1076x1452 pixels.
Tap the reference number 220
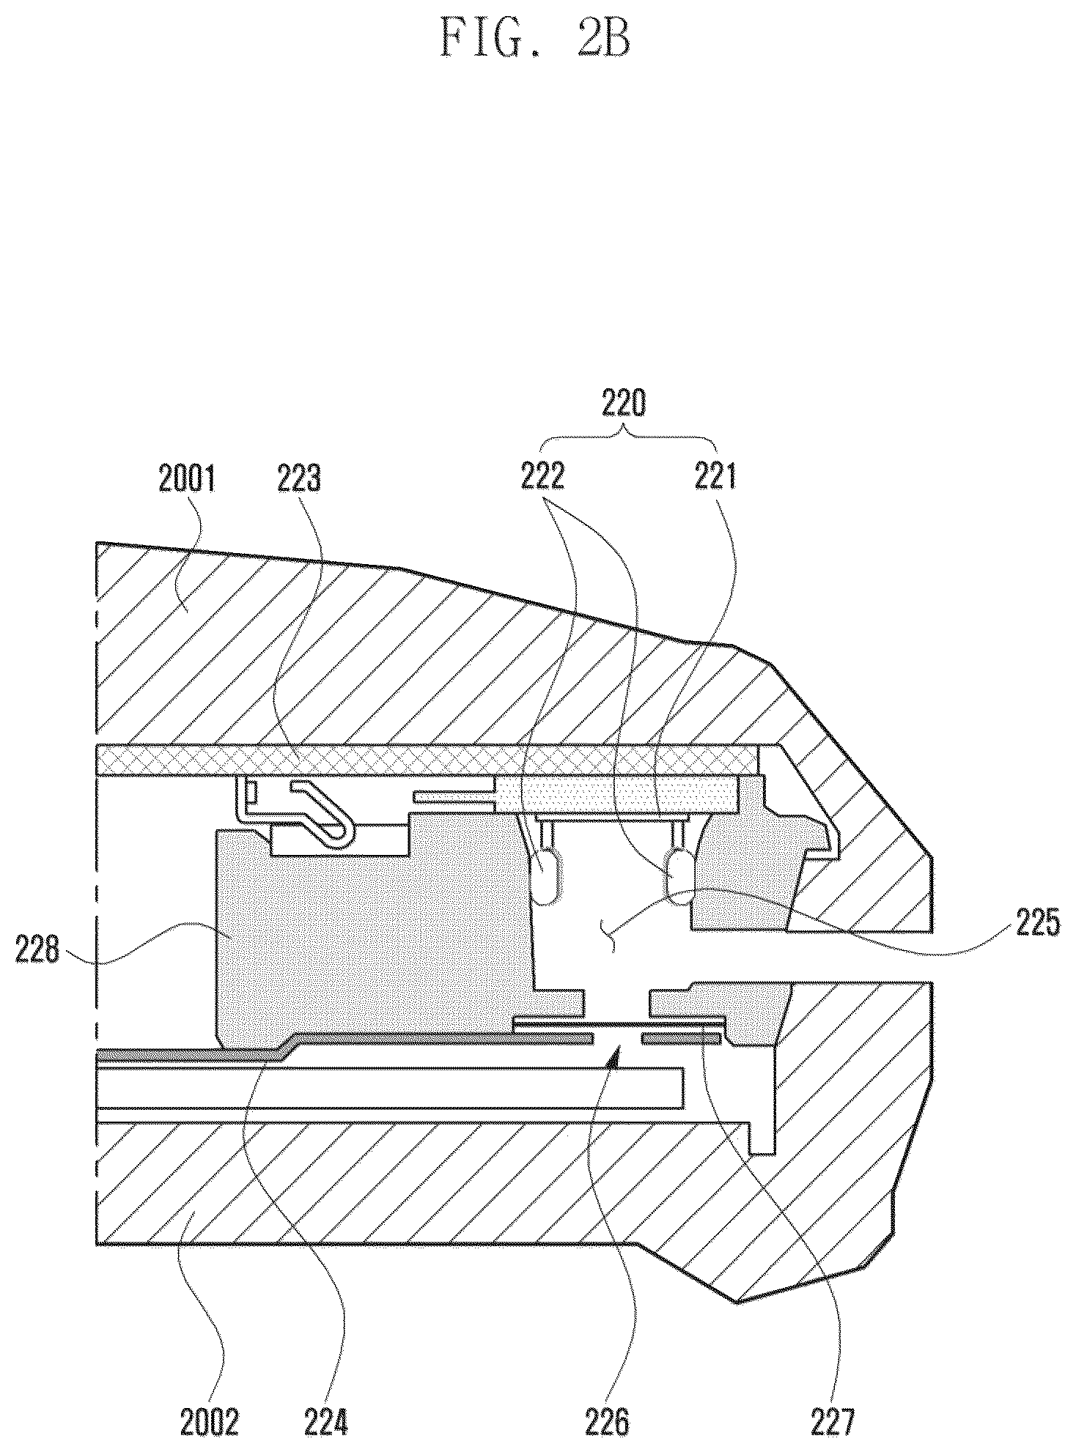(x=624, y=404)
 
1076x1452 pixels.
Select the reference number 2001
(x=186, y=481)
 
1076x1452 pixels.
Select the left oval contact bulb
(x=548, y=875)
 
